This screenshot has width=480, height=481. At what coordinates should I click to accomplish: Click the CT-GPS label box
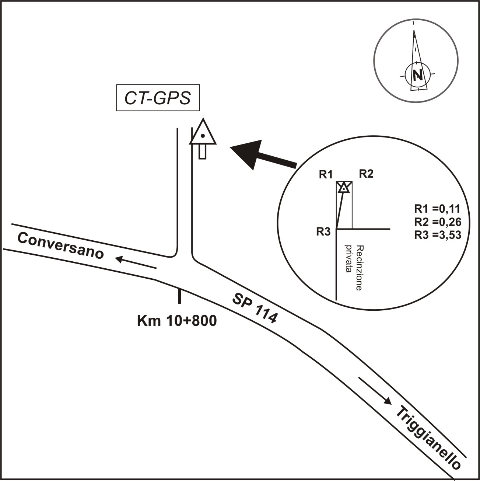click(158, 98)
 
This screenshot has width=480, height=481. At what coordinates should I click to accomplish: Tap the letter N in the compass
click(417, 75)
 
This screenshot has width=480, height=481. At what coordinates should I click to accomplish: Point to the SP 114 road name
click(255, 308)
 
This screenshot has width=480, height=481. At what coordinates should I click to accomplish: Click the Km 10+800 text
click(177, 321)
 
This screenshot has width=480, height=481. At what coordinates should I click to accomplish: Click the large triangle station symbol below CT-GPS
click(203, 133)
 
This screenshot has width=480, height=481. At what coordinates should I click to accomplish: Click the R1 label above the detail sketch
click(326, 175)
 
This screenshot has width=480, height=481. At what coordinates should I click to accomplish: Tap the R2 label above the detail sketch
click(366, 174)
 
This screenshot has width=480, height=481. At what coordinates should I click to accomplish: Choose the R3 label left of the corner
click(323, 232)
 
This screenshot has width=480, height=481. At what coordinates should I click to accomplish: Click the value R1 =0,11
click(437, 209)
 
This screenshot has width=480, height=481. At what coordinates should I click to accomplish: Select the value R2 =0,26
click(437, 222)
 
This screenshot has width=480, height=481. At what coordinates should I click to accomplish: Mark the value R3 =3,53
click(437, 235)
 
